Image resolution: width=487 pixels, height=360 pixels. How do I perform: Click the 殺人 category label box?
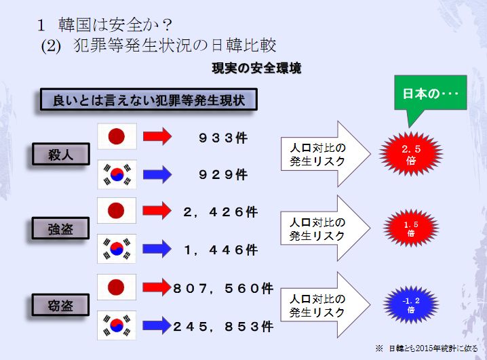60,155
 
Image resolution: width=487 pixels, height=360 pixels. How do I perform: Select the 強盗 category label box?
60,229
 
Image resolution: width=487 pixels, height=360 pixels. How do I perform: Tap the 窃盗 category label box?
60,304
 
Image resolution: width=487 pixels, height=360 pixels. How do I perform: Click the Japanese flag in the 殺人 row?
117,136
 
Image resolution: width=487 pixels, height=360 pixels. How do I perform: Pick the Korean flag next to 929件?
117,174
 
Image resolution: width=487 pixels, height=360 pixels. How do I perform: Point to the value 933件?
223,138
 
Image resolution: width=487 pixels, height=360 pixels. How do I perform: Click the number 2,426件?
220,212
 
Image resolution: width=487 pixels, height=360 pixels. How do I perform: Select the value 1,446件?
220,249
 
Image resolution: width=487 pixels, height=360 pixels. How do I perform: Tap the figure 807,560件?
222,288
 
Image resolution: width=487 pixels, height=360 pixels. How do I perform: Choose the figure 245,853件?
222,326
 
